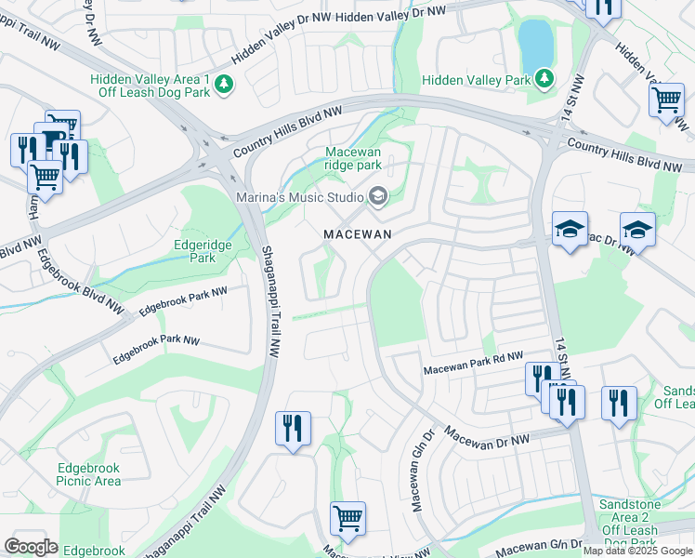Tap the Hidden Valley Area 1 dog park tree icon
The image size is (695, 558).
point(224,86)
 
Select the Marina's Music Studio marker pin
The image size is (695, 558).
point(377,195)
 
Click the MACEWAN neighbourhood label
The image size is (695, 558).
point(358,234)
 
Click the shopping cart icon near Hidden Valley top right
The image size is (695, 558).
point(666,100)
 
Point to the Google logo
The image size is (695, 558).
point(31,547)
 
